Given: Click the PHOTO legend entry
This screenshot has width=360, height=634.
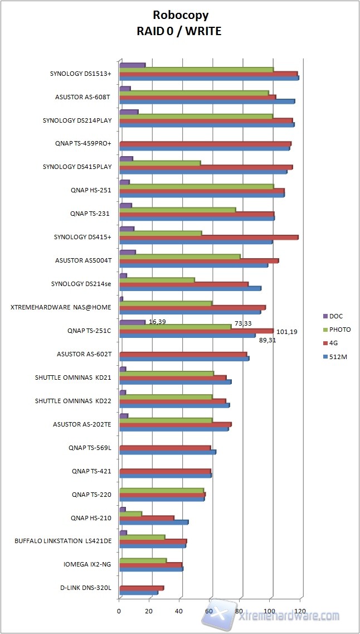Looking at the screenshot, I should (339, 330).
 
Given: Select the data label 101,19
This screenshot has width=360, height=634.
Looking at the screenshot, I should (286, 332).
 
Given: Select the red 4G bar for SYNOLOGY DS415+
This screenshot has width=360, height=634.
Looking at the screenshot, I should (209, 237).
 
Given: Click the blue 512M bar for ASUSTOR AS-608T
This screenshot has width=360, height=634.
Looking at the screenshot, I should (207, 101).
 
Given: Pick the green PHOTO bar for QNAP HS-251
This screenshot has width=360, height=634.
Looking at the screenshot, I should (196, 186).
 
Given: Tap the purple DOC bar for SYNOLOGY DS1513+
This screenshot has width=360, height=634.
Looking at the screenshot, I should (132, 65).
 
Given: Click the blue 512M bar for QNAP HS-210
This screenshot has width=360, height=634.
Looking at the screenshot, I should (154, 522).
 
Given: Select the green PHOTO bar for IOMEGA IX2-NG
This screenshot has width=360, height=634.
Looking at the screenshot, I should (143, 560).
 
